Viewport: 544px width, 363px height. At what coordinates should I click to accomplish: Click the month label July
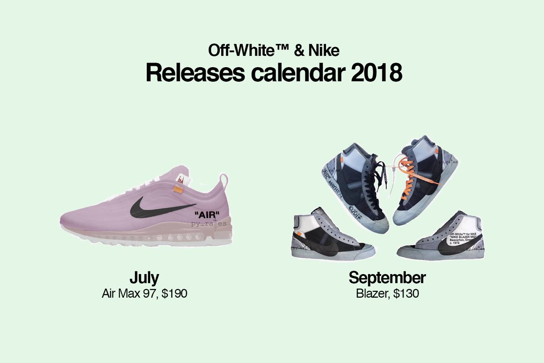pos(144,277)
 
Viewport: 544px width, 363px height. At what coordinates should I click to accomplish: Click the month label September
pos(387,277)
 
